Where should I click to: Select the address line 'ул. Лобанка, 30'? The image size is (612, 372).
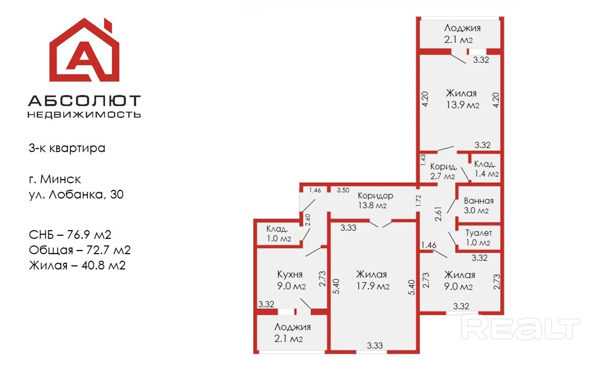[76, 194]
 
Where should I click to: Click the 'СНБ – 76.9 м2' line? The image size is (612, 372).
[70, 235]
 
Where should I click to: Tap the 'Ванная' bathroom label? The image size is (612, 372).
[478, 201]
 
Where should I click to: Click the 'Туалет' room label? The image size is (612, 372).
[478, 233]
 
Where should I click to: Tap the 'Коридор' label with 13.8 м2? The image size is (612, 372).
[375, 196]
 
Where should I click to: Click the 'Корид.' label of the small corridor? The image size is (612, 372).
[442, 167]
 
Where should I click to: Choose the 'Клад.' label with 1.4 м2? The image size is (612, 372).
[484, 164]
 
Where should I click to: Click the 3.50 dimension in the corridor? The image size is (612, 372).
[342, 190]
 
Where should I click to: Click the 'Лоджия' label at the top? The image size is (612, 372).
[462, 28]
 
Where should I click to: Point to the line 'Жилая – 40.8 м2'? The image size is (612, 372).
[77, 265]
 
